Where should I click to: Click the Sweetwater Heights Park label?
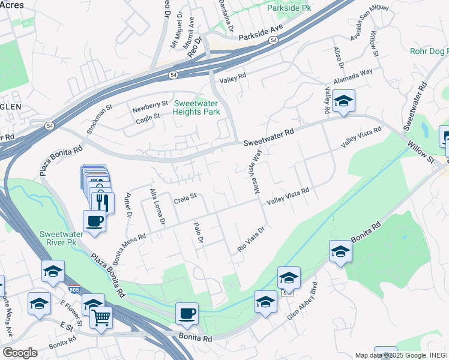pos(196,107)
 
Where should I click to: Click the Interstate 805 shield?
pos(74,290)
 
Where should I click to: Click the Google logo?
pos(20,353)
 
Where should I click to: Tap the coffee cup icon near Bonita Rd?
pos(187,313)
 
